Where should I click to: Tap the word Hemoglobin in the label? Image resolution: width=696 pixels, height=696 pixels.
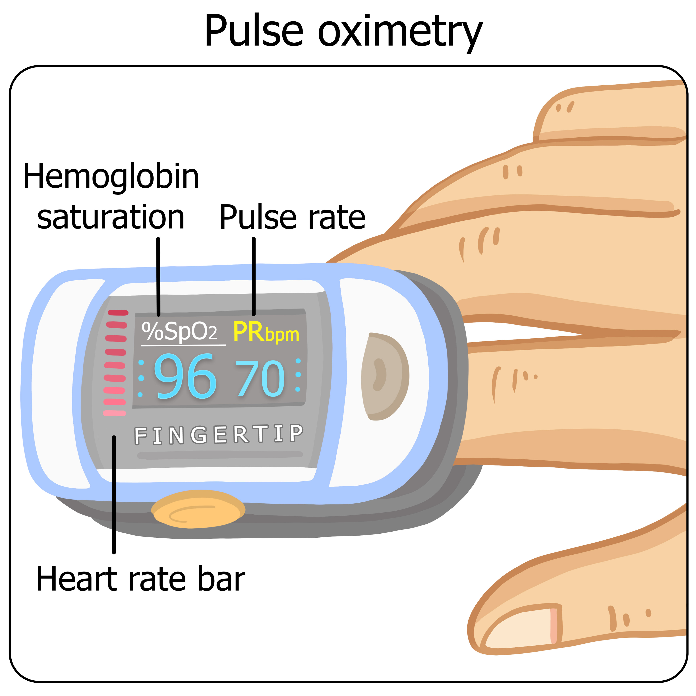111,177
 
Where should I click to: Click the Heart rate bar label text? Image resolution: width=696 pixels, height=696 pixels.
140,579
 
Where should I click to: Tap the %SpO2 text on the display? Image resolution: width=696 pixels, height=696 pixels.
179,332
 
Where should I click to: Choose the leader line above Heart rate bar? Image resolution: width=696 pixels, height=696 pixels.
114,494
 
